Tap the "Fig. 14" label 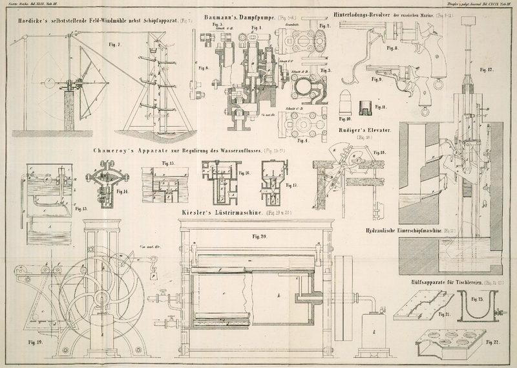(x=120, y=192)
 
